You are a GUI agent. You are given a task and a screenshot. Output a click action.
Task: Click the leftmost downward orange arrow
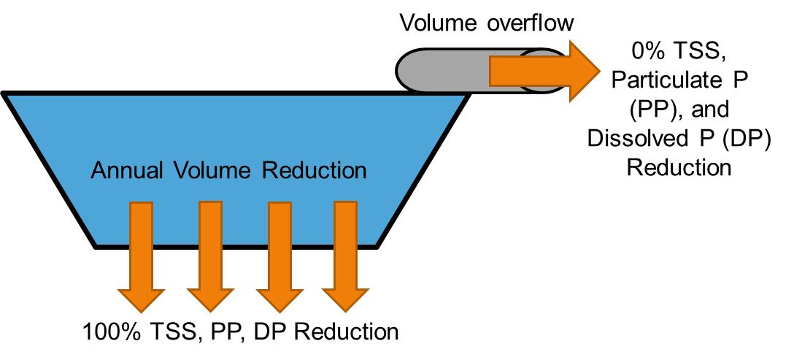[140, 256]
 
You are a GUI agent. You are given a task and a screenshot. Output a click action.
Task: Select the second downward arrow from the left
[209, 256]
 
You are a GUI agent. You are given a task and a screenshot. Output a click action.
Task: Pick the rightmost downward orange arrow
[345, 256]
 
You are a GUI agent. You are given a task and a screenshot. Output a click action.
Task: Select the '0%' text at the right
[649, 52]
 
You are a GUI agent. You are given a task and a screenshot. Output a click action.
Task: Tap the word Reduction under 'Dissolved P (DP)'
[679, 168]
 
